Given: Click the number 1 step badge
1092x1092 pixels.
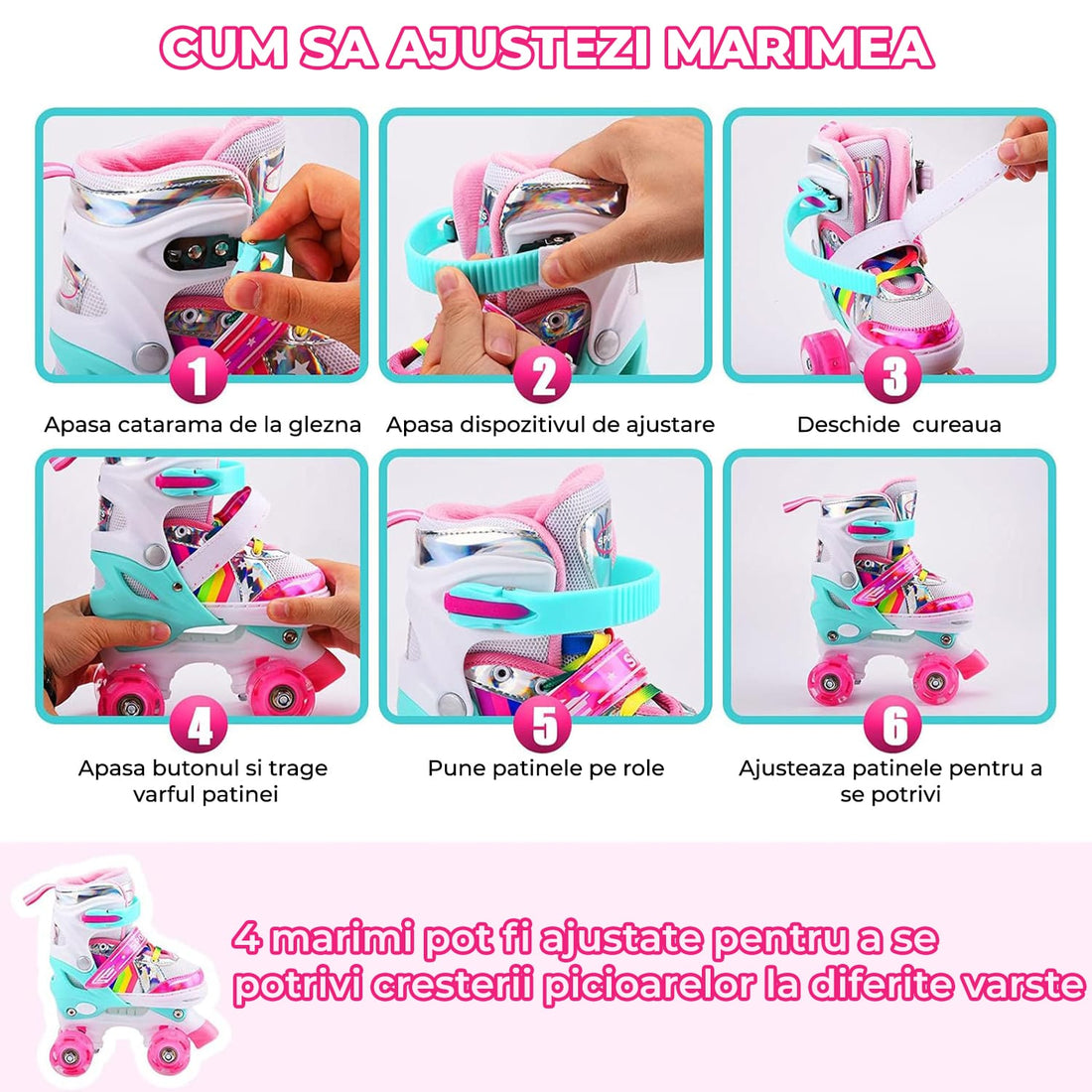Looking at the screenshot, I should pyautogui.click(x=201, y=376).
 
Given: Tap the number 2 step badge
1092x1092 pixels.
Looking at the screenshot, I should pyautogui.click(x=544, y=376).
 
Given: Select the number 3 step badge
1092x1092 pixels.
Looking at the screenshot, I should pyautogui.click(x=894, y=376).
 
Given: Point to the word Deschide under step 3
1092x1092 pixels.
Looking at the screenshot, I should pyautogui.click(x=841, y=425).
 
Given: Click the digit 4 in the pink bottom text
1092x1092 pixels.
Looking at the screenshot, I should pyautogui.click(x=248, y=937).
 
